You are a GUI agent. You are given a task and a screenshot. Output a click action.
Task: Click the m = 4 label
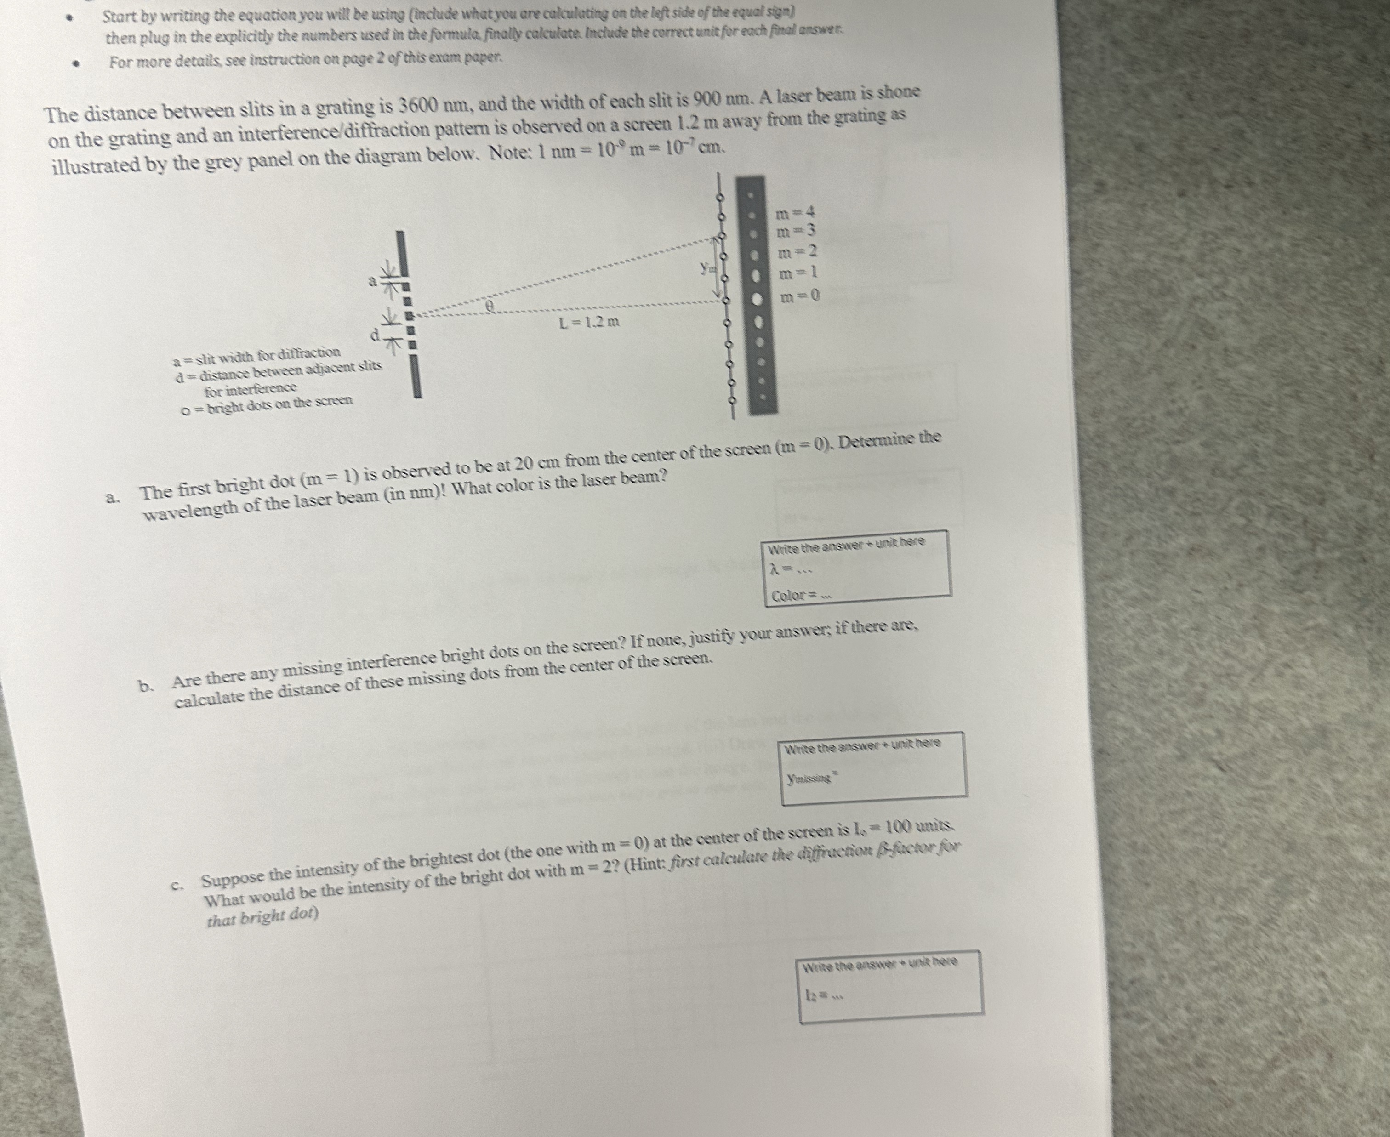click(x=795, y=213)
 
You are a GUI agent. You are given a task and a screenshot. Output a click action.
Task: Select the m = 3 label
click(x=795, y=231)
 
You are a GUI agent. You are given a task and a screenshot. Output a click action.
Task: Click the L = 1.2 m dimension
click(x=589, y=322)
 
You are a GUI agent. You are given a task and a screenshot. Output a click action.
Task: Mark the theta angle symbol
click(x=489, y=306)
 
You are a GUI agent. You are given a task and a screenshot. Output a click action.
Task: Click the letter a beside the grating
click(x=372, y=282)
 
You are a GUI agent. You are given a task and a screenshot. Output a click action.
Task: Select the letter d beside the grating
click(x=375, y=336)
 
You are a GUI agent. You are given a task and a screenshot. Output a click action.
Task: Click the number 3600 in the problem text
click(x=419, y=105)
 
